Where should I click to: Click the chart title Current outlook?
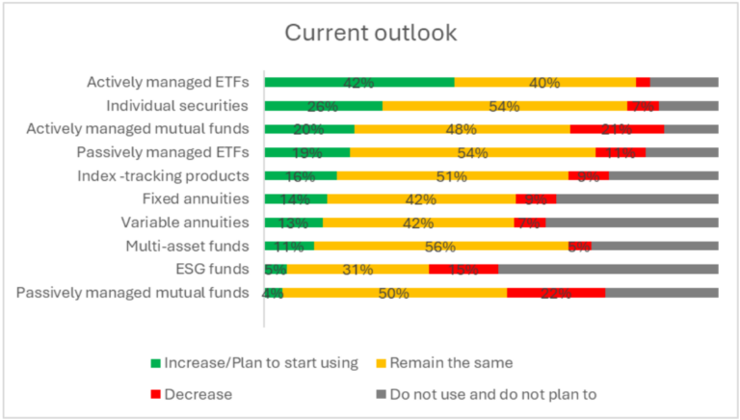click(x=370, y=32)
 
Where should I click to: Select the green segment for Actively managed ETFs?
click(x=358, y=83)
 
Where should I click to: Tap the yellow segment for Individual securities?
click(x=504, y=106)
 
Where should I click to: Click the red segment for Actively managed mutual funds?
click(x=617, y=129)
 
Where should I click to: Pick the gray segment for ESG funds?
click(x=608, y=270)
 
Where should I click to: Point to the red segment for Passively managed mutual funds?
click(x=556, y=293)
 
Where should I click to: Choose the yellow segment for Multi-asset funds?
click(x=440, y=247)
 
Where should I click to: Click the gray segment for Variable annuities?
click(x=632, y=223)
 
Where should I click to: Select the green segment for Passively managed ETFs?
click(x=306, y=152)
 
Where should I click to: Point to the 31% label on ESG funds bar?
click(x=357, y=270)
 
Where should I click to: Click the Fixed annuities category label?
click(x=196, y=199)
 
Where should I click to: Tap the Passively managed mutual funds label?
click(x=134, y=293)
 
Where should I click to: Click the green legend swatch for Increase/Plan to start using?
click(x=153, y=363)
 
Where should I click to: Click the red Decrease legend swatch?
click(x=153, y=394)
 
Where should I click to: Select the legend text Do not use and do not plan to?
click(x=493, y=394)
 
